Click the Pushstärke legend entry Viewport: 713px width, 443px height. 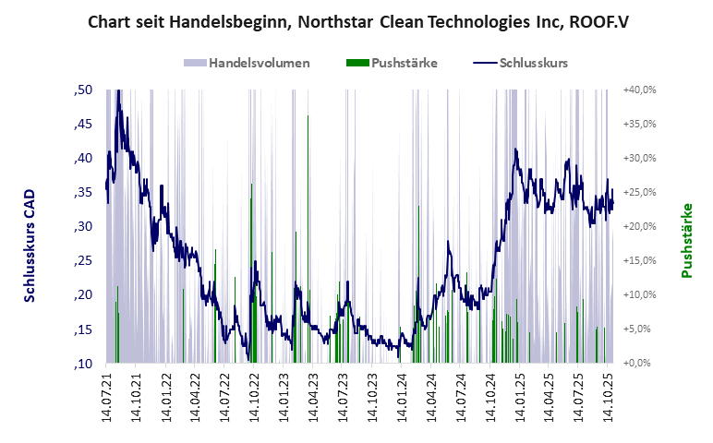point(404,63)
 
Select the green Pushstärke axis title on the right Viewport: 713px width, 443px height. point(687,240)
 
